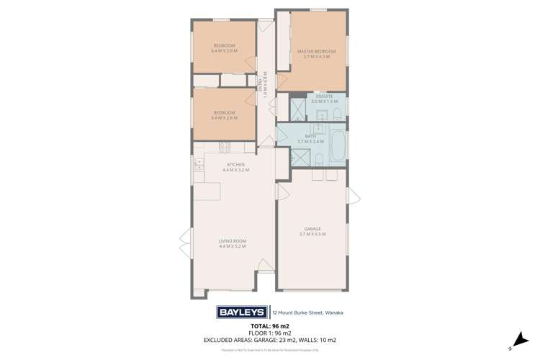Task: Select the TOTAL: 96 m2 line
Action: pos(269,327)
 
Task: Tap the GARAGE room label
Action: pos(312,231)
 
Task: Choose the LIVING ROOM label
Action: pos(233,243)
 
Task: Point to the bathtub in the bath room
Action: pos(338,144)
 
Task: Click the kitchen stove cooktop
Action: pos(224,148)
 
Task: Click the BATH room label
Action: pos(310,138)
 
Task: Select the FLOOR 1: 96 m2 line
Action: pos(269,333)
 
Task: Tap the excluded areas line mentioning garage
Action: pos(269,340)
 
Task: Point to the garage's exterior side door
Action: pos(349,195)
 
